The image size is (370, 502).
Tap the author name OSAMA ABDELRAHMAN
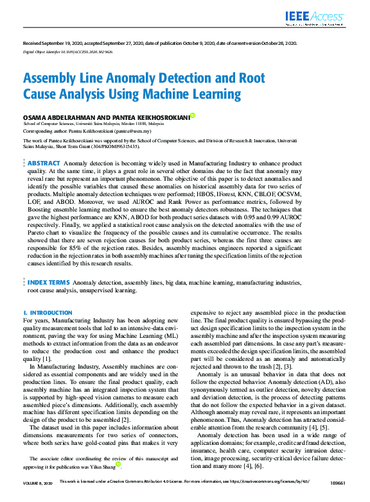coord(56,117)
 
